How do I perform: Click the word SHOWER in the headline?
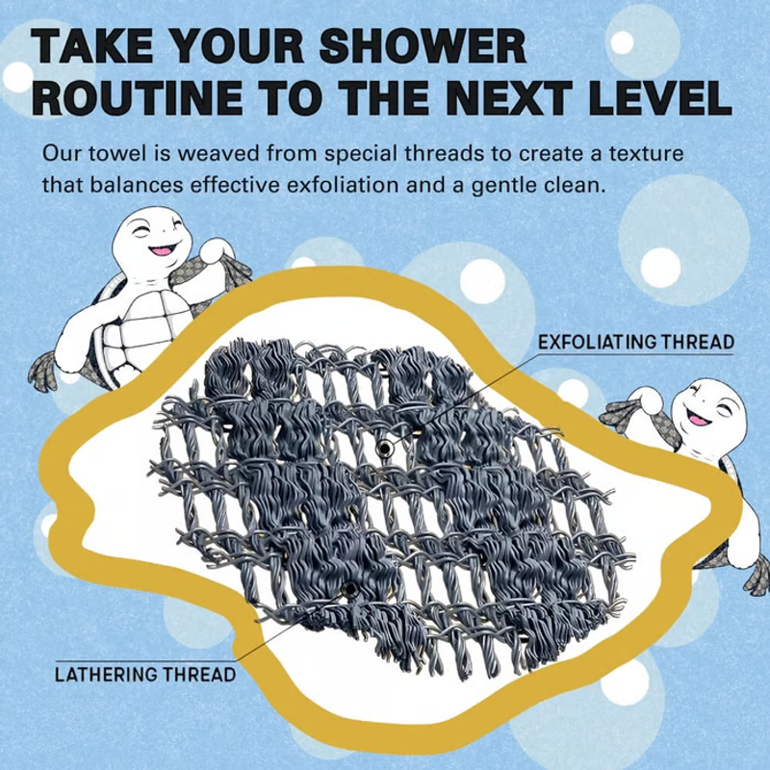click(x=423, y=46)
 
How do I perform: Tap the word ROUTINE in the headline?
click(x=138, y=97)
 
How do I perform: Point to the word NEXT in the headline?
click(x=505, y=97)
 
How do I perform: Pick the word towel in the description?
click(x=116, y=154)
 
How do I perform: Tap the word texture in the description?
click(x=646, y=154)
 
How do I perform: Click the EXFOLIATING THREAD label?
click(x=636, y=342)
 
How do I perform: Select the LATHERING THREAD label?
click(x=145, y=675)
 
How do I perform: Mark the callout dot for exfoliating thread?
click(x=384, y=449)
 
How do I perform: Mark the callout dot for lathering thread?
click(x=349, y=589)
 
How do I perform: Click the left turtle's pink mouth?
click(x=160, y=250)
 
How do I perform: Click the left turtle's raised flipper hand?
click(x=215, y=249)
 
